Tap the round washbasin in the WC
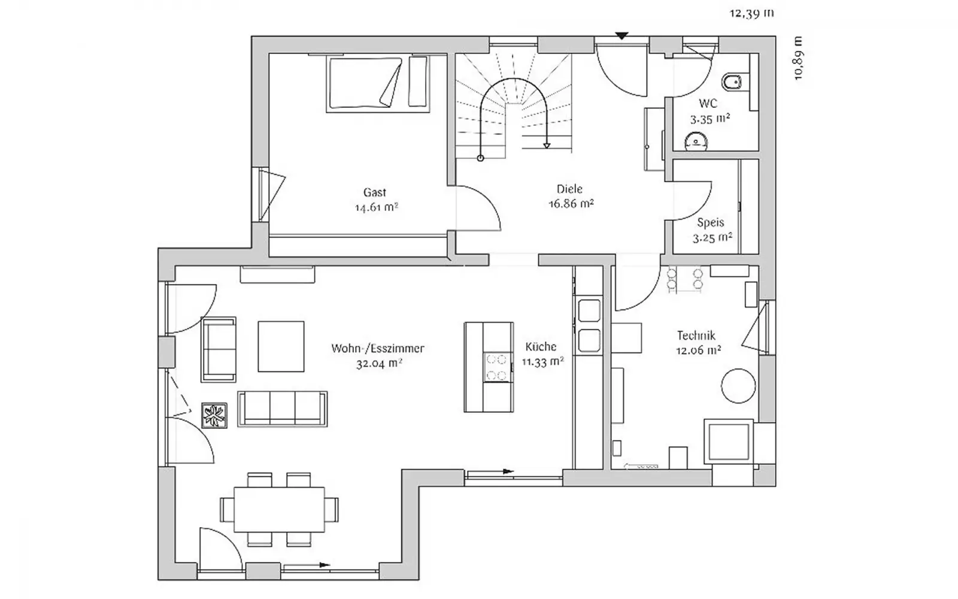(x=696, y=141)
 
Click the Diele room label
(x=569, y=189)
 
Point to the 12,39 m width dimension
(x=751, y=13)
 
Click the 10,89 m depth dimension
(x=798, y=59)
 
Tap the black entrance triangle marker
(x=622, y=36)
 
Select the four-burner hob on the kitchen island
(x=498, y=367)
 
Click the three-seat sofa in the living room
(x=283, y=409)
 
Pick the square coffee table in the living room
(x=281, y=347)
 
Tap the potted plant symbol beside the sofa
(x=214, y=416)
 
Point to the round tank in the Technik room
(x=738, y=386)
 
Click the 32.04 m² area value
(x=379, y=364)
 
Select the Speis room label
(x=710, y=223)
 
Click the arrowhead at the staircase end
(x=547, y=146)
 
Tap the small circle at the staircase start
(x=480, y=158)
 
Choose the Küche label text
(x=541, y=346)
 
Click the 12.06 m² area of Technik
(x=698, y=350)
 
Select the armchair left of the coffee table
(x=219, y=350)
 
